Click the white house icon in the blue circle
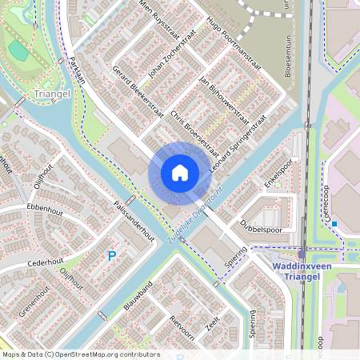tap(180, 172)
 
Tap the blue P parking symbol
tap(112, 256)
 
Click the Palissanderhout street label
tap(134, 219)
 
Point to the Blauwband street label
tap(138, 297)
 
